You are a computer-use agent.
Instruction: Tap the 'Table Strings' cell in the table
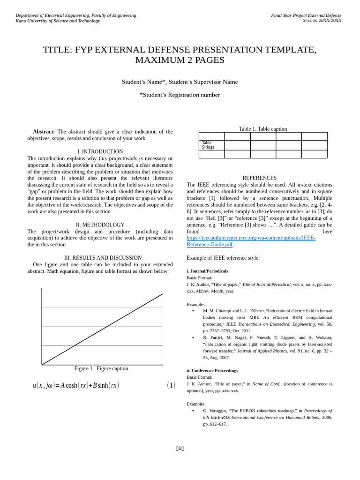pos(208,145)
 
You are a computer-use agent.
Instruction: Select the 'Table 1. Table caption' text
pos(262,129)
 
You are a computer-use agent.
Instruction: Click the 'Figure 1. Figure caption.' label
pos(102,368)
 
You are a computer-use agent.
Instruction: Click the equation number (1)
pos(171,385)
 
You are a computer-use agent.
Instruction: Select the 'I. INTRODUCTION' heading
pos(100,151)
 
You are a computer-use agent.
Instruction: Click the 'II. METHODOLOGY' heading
pos(100,225)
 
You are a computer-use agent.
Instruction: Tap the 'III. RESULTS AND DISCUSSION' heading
pos(103,258)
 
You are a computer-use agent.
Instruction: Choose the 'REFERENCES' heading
pos(259,178)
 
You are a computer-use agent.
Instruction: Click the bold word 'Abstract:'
pos(44,132)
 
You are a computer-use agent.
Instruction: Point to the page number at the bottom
pos(180,449)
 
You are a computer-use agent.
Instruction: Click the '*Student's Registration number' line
pos(180,95)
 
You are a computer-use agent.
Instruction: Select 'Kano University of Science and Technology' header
pos(58,21)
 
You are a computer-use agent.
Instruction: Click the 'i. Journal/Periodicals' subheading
pos(207,271)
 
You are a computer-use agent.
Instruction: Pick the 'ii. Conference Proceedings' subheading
pos(212,370)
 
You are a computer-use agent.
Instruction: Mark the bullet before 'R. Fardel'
pos(193,337)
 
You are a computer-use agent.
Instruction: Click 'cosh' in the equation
pos(71,385)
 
